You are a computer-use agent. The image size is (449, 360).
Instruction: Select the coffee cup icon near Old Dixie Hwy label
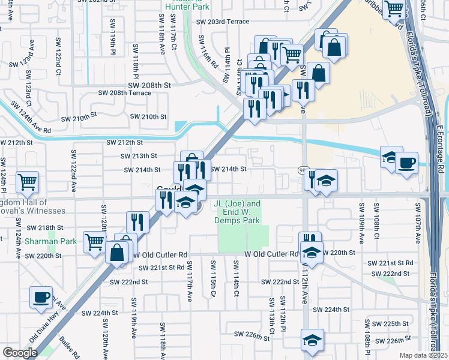(x=41, y=297)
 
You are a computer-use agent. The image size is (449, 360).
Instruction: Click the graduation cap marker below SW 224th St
(x=312, y=340)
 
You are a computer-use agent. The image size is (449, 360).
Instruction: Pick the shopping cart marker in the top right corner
(x=394, y=8)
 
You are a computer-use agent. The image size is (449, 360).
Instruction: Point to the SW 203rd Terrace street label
(x=222, y=22)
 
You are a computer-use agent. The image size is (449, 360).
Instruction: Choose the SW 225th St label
(x=390, y=323)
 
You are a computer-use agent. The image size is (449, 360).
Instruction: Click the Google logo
(x=20, y=353)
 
